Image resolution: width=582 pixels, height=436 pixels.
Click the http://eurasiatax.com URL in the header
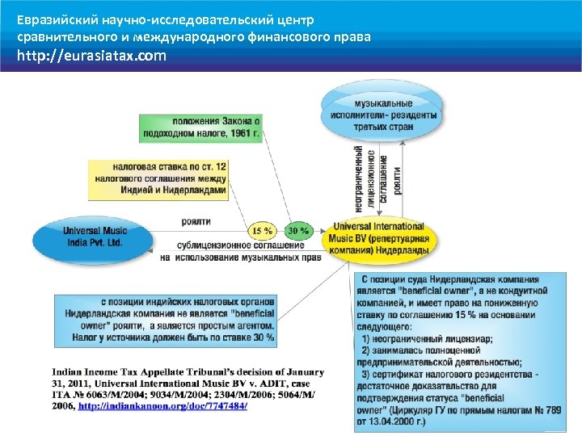(x=92, y=56)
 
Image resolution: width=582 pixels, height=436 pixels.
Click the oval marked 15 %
(x=262, y=231)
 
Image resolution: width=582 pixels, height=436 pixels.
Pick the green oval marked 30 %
(x=298, y=231)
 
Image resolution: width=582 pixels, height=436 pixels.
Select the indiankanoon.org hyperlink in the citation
(x=162, y=405)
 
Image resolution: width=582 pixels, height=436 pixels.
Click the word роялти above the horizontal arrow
(x=197, y=221)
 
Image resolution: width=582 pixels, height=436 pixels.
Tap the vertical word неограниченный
(x=358, y=179)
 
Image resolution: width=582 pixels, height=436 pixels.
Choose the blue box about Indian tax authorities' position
(x=165, y=319)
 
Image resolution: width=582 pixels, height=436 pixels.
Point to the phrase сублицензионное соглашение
(x=230, y=245)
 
